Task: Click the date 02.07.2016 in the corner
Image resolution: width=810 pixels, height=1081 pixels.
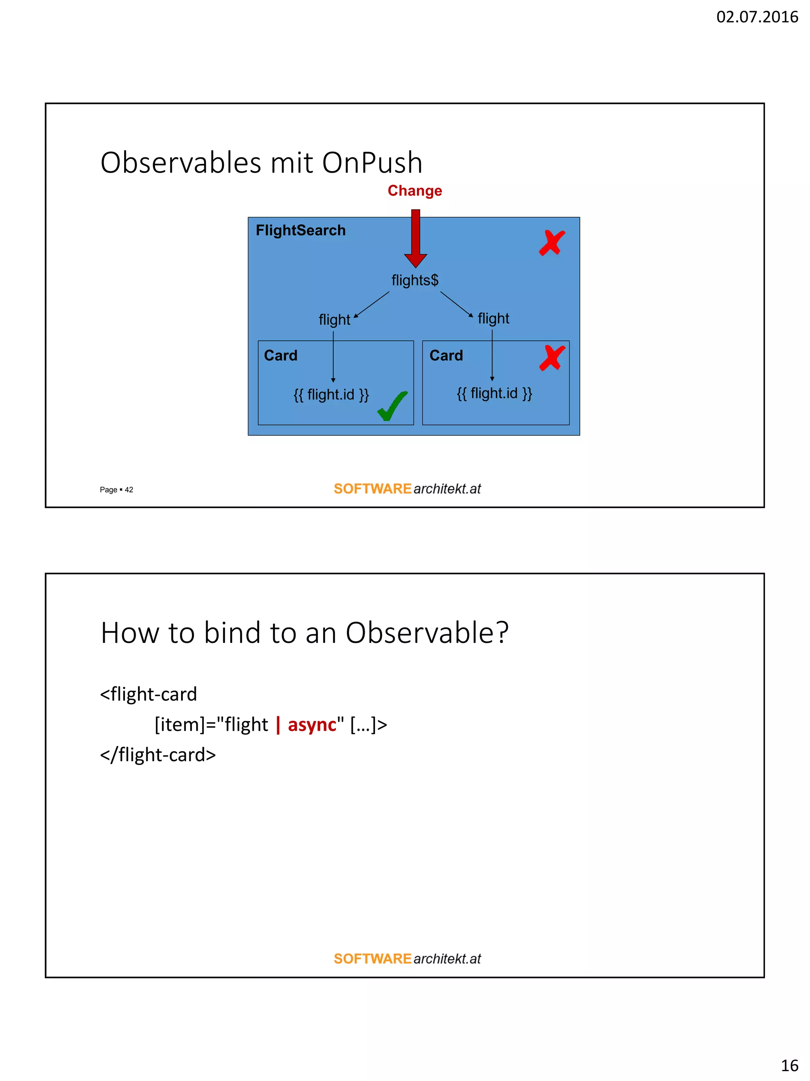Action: (756, 17)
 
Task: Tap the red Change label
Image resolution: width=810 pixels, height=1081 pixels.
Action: (414, 191)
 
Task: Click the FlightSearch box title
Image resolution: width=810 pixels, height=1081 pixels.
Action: (300, 230)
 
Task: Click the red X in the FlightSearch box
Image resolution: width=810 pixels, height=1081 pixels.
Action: (552, 243)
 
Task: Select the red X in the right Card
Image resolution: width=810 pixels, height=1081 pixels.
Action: (552, 358)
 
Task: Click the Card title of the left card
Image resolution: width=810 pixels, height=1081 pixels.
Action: (280, 355)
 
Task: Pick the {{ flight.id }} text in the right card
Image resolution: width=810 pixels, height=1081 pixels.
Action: (494, 393)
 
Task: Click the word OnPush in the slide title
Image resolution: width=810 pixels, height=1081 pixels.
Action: (372, 163)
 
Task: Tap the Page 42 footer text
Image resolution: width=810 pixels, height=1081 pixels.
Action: (116, 490)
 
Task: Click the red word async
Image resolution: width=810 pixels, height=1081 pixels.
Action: (312, 724)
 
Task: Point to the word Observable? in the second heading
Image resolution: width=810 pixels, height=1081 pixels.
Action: (427, 633)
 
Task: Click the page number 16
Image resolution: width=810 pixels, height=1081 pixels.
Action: (789, 1065)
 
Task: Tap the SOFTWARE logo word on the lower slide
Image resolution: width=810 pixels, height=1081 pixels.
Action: (372, 959)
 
